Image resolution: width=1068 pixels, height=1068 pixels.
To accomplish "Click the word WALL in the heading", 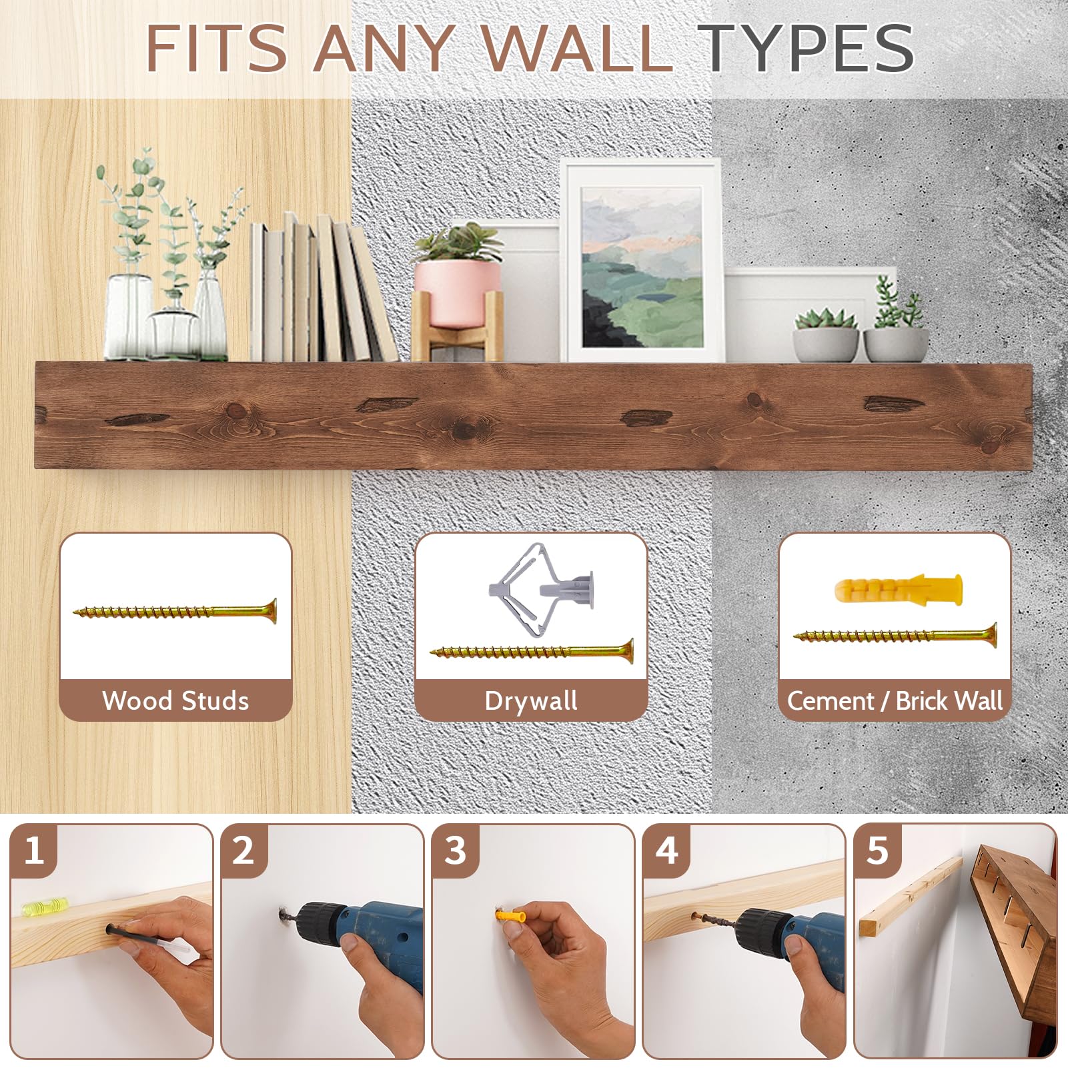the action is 576,47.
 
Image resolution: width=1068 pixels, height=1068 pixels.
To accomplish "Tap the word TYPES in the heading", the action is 809,47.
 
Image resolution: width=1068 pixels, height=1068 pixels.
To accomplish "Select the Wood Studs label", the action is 175,700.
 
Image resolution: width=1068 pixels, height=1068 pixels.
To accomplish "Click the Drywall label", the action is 531,701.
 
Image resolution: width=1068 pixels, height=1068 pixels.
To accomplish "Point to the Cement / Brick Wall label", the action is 895,700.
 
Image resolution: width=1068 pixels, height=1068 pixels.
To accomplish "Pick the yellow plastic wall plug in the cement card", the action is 899,588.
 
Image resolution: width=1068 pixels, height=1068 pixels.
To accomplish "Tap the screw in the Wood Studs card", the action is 175,610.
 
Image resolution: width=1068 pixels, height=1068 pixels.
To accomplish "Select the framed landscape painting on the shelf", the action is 642,261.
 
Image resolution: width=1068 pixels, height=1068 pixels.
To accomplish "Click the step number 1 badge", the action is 33,851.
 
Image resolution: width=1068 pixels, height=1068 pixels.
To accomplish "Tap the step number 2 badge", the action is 243,851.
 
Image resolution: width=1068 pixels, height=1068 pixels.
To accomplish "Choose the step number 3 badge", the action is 455,851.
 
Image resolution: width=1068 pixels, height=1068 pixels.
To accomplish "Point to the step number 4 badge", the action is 666,851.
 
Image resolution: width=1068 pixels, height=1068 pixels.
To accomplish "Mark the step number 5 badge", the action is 877,851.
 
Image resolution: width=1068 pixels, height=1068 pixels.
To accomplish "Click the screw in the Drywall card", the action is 532,651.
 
